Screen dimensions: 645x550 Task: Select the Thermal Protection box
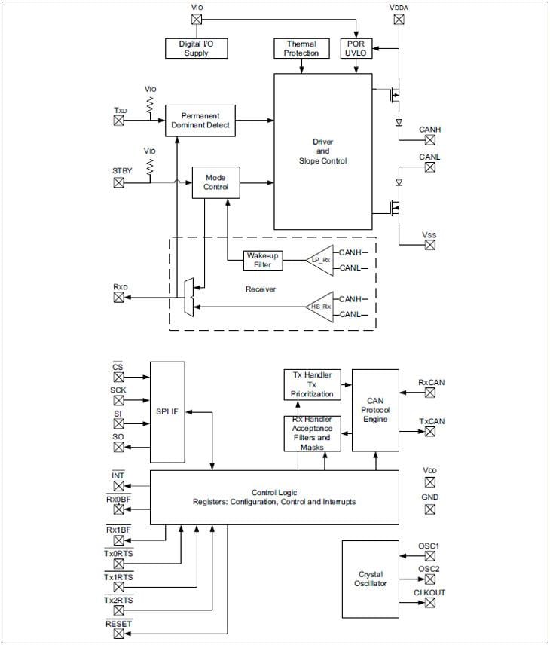tap(301, 48)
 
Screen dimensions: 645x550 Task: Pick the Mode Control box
tap(215, 182)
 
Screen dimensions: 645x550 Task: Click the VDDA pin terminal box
tap(399, 20)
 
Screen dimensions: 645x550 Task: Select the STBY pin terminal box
tap(118, 182)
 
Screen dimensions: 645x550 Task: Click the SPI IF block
tap(167, 412)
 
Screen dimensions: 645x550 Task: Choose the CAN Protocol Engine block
tap(375, 410)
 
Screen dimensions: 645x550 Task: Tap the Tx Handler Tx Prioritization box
tap(311, 384)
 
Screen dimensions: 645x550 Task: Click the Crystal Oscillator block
tap(370, 578)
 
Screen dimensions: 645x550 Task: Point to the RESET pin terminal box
tap(118, 634)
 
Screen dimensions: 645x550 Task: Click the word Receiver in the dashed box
tap(261, 289)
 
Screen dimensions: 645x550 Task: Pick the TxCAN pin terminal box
tap(430, 432)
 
